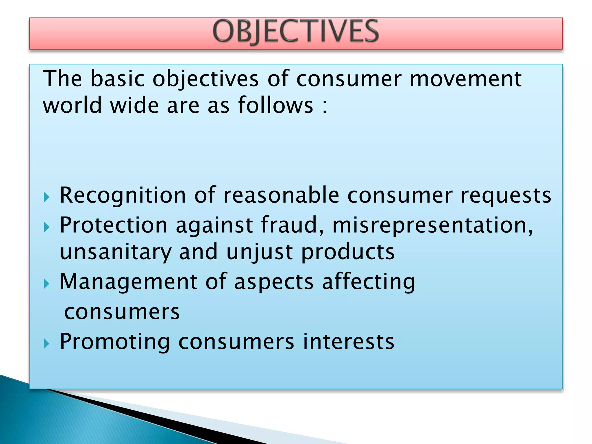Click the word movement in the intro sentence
point(465,79)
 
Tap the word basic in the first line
point(117,79)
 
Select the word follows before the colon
point(275,105)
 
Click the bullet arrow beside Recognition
point(46,198)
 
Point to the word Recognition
point(123,196)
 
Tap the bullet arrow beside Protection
point(46,227)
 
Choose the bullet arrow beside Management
point(46,284)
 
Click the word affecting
point(369,282)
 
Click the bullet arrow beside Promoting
point(46,344)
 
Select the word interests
point(348,342)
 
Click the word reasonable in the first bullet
point(281,196)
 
